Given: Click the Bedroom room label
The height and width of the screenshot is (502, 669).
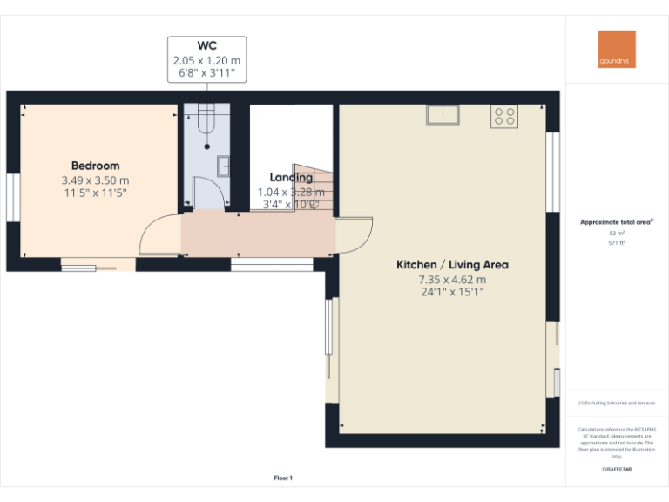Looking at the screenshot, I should (95, 166).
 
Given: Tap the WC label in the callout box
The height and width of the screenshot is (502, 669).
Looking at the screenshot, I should (206, 45).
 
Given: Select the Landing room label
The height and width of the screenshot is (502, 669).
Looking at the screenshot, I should (291, 178).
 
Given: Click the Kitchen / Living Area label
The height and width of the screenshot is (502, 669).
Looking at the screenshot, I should (452, 265).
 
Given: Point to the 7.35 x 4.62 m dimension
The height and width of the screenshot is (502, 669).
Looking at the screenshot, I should (452, 279).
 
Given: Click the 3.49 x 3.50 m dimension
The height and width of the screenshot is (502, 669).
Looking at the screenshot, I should (95, 180).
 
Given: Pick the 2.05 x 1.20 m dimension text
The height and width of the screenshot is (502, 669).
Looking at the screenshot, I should (206, 60).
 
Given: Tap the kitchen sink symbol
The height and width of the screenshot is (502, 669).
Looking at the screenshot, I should (443, 115).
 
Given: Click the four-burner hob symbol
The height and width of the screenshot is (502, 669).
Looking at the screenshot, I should (504, 115).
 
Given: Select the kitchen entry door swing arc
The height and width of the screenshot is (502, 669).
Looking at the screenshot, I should (355, 234).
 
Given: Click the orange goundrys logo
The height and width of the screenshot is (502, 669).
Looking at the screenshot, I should (617, 50).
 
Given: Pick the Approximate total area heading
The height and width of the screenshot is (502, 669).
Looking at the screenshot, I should (616, 223).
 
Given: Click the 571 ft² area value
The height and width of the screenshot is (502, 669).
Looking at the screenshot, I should (616, 243).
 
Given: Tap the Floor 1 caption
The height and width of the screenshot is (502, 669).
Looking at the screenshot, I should (283, 478).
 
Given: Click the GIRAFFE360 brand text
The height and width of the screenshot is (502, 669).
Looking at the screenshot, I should (617, 470).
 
